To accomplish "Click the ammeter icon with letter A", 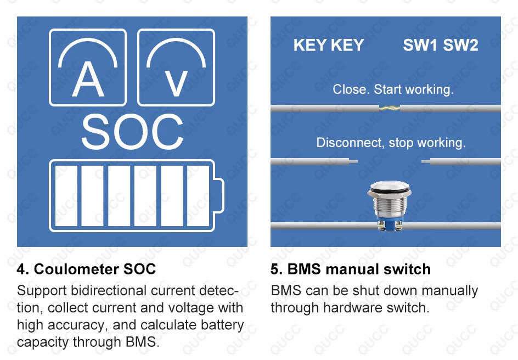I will tap(88, 67).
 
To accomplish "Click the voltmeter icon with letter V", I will tap(176, 67).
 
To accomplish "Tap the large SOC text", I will tap(132, 132).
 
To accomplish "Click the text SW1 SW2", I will tap(441, 46).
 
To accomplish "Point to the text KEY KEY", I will tap(329, 46).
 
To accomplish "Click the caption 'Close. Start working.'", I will tap(393, 89).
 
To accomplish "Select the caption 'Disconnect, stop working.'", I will tap(391, 143).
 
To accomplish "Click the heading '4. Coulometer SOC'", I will tap(86, 269).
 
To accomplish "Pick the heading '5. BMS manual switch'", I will tap(351, 269).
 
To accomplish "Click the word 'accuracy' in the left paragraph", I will tap(81, 325).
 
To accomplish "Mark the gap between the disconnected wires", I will tap(390, 162).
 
